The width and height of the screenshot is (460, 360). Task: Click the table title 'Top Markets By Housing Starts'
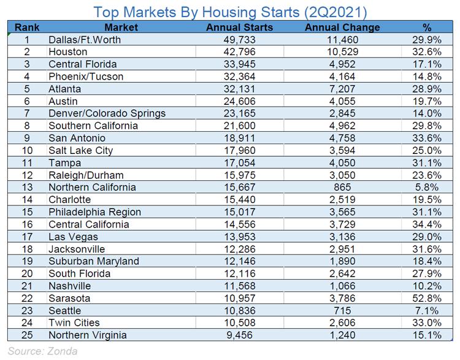[x=230, y=11]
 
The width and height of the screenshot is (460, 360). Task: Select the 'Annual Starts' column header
[x=239, y=28]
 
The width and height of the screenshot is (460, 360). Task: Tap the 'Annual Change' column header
[x=342, y=28]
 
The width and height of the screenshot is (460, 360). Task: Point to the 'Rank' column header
[x=26, y=28]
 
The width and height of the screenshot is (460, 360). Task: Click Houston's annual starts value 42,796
[x=239, y=52]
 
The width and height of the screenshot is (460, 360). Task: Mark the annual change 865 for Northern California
[x=342, y=188]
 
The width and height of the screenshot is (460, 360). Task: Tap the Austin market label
[x=63, y=101]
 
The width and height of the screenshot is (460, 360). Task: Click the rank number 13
[x=26, y=188]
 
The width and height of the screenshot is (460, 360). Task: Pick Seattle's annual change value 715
[x=342, y=311]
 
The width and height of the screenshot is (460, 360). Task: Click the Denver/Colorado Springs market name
[x=107, y=113]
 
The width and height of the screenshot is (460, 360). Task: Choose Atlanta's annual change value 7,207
[x=342, y=89]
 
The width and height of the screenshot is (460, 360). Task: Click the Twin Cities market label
[x=74, y=323]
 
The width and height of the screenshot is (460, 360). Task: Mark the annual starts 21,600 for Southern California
[x=239, y=126]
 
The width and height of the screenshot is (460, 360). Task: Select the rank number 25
[x=26, y=335]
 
